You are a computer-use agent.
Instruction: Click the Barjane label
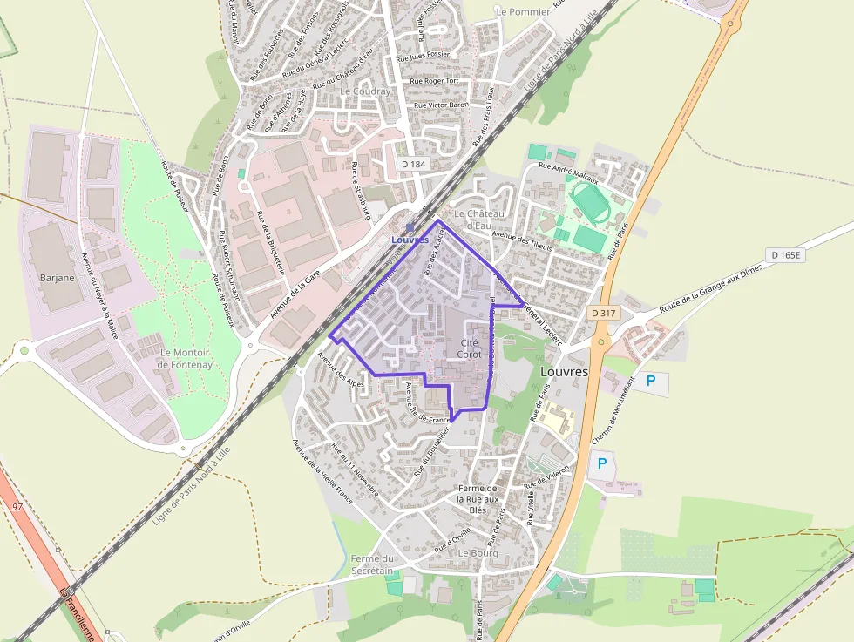(x=57, y=278)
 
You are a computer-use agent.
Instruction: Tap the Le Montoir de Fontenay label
(x=186, y=358)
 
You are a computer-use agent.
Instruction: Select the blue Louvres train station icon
(x=410, y=228)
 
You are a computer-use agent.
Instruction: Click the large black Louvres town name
(x=564, y=371)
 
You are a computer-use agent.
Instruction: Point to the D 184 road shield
(x=415, y=163)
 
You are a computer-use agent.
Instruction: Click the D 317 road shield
(x=602, y=313)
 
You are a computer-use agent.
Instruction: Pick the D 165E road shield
(x=784, y=255)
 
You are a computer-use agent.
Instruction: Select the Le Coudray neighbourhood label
(x=365, y=91)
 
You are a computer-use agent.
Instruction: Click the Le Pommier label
(x=523, y=12)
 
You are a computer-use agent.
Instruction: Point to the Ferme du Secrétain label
(x=374, y=564)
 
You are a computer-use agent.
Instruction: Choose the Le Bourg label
(x=478, y=553)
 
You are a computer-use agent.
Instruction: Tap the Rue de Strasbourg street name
(x=361, y=190)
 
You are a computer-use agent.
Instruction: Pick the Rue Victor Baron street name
(x=441, y=105)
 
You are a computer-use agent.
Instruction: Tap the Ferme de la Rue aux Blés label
(x=478, y=499)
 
